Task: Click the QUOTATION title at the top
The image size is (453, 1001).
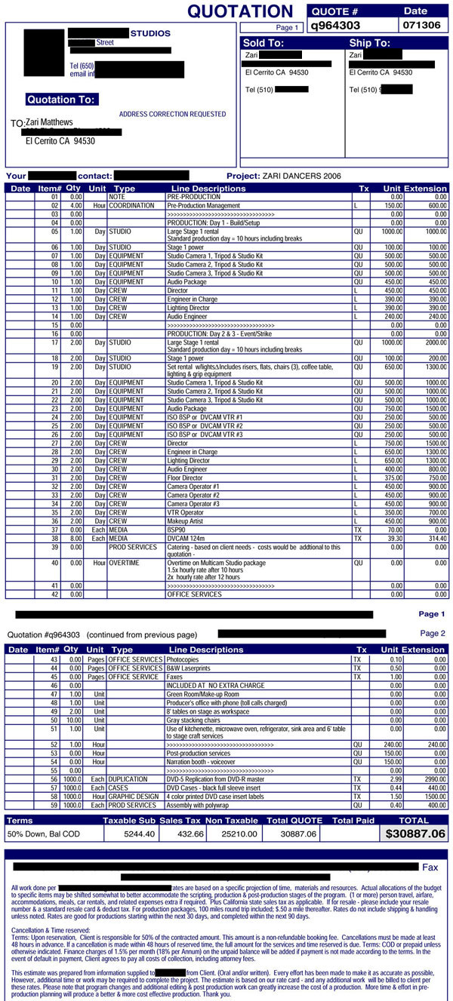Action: pyautogui.click(x=239, y=11)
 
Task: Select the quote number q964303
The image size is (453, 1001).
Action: pyautogui.click(x=337, y=25)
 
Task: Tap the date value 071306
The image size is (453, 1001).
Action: pyautogui.click(x=421, y=25)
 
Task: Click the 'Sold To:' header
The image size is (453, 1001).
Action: pyautogui.click(x=263, y=43)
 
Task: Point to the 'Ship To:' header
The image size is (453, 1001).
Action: pyautogui.click(x=370, y=43)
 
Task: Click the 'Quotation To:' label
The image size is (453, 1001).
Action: pyautogui.click(x=61, y=100)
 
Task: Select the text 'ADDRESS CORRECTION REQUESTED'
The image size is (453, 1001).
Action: pyautogui.click(x=172, y=114)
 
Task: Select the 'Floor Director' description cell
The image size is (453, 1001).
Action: pyautogui.click(x=188, y=477)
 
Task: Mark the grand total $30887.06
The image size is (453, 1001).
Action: pyautogui.click(x=415, y=834)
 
